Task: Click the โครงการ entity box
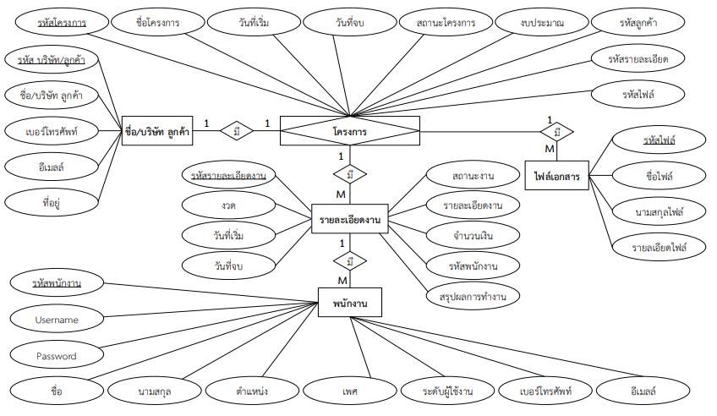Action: point(349,131)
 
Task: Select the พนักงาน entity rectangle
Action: point(348,300)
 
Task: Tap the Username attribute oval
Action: point(57,320)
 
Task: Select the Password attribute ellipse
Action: point(57,356)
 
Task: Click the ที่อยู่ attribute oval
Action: point(50,202)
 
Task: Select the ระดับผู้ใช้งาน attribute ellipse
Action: point(446,391)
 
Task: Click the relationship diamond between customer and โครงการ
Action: point(237,131)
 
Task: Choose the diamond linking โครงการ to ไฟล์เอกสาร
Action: point(557,132)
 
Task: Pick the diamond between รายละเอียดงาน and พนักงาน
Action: point(349,260)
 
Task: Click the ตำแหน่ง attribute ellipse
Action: point(253,391)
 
